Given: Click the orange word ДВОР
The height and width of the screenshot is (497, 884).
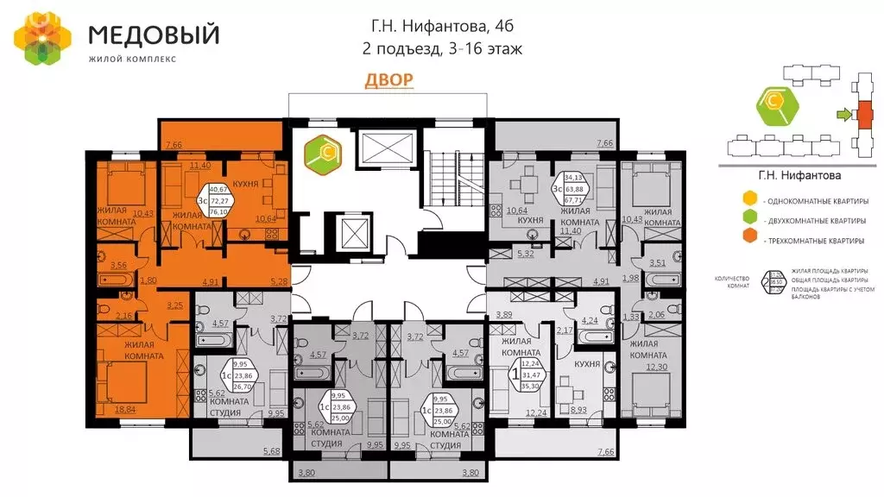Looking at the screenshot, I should tap(388, 80).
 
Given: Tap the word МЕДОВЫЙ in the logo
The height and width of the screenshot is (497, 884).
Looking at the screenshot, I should tap(154, 35).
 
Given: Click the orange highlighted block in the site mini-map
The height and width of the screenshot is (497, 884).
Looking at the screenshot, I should tap(862, 113).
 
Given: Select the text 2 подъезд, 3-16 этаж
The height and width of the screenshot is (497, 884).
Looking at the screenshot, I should tap(442, 49).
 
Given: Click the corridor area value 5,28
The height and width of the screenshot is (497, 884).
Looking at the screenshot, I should tap(278, 280).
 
